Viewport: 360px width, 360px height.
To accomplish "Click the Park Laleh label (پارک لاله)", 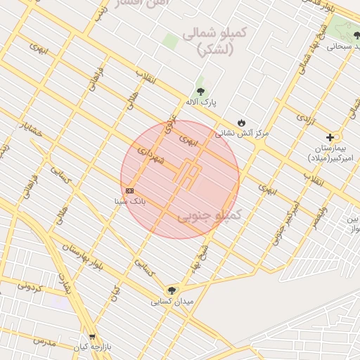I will coord(201,103).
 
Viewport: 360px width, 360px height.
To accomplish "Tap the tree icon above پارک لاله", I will coord(201,91).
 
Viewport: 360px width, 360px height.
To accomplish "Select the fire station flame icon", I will coord(242,122).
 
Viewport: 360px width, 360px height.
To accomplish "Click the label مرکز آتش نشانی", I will coord(242,132).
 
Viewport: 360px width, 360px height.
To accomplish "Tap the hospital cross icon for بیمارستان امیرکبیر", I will coord(330,137).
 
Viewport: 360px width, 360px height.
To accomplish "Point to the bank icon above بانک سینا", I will coord(129,191).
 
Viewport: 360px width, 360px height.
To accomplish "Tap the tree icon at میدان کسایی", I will coord(171,290).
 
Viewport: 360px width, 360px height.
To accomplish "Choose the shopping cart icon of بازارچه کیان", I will coord(91,337).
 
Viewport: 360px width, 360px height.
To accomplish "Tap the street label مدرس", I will coord(43,342).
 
